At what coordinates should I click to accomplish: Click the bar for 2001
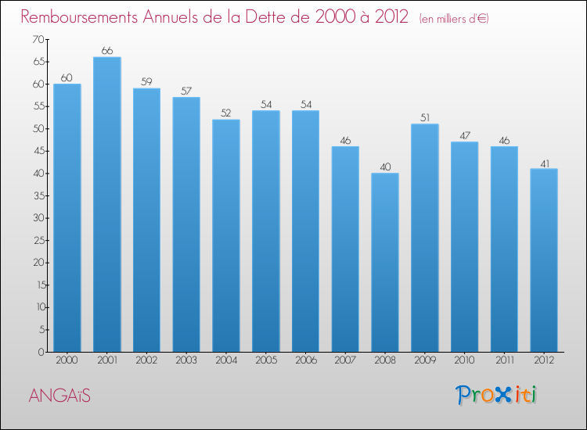pos(106,204)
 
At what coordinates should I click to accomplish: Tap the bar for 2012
pos(544,260)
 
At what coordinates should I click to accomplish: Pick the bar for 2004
pos(226,235)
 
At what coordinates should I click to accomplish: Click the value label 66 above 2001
pos(106,51)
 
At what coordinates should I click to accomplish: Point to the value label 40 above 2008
pos(385,167)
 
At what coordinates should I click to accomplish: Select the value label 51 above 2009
pos(424,117)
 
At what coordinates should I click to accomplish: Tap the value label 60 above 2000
pos(67,77)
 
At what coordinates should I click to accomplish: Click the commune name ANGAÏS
pos(59,396)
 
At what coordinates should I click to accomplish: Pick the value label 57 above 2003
pos(186,91)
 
